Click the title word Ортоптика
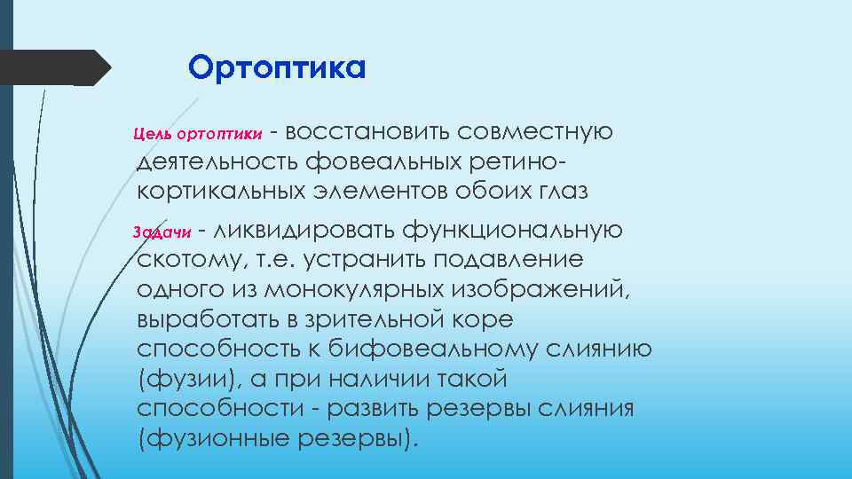point(276,67)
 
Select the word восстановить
point(368,133)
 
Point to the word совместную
point(536,133)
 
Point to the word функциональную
point(514,231)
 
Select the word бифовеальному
point(431,349)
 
